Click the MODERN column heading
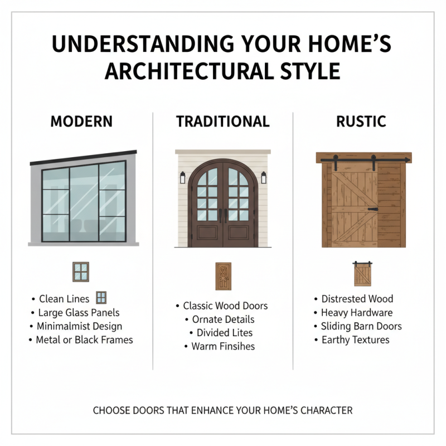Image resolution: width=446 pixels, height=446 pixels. coord(81,122)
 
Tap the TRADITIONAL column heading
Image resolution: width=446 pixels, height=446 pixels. coord(223,122)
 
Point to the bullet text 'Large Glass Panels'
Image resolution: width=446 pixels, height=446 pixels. coord(79,313)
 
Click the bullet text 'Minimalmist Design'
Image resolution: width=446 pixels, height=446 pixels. coord(79,326)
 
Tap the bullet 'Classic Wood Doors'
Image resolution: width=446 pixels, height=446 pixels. coord(225,306)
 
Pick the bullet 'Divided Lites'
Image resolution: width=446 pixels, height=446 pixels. coord(225,333)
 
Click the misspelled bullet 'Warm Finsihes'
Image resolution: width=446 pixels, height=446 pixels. coord(223,346)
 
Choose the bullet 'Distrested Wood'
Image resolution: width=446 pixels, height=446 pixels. coord(357,299)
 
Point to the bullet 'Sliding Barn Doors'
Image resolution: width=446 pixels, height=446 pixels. coord(361,326)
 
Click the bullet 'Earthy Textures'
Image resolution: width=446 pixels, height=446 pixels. coord(355,340)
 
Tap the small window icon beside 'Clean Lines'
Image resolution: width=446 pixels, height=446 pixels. coord(101,298)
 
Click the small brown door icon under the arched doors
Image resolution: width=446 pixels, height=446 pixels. coord(223,275)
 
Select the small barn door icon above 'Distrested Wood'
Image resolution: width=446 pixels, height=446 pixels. coord(362,274)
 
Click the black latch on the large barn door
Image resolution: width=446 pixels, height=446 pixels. coord(372,209)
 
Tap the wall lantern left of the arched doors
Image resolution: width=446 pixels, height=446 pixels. coord(182,178)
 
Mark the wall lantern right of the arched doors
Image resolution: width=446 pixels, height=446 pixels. coord(264,178)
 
